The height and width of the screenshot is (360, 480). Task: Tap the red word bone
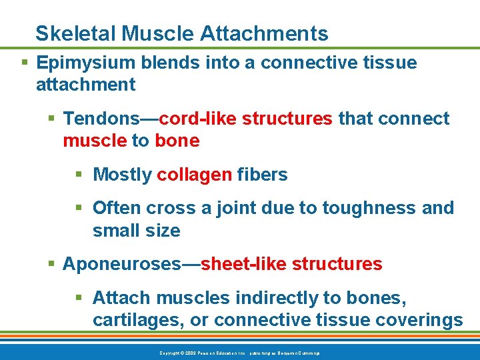pyautogui.click(x=177, y=141)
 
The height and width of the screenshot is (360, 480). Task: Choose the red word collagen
pyautogui.click(x=194, y=175)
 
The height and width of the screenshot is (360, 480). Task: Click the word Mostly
pyautogui.click(x=123, y=175)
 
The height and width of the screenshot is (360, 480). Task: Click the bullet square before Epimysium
pyautogui.click(x=25, y=63)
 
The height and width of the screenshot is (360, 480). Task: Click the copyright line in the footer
pyautogui.click(x=239, y=352)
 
